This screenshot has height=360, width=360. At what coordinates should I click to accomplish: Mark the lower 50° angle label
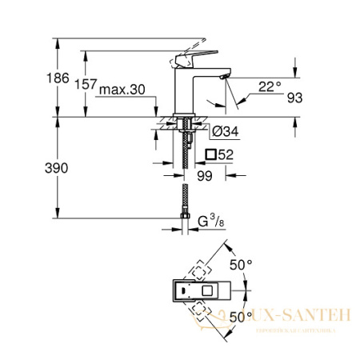click(x=242, y=318)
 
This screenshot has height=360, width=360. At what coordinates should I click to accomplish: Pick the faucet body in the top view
click(x=202, y=292)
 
